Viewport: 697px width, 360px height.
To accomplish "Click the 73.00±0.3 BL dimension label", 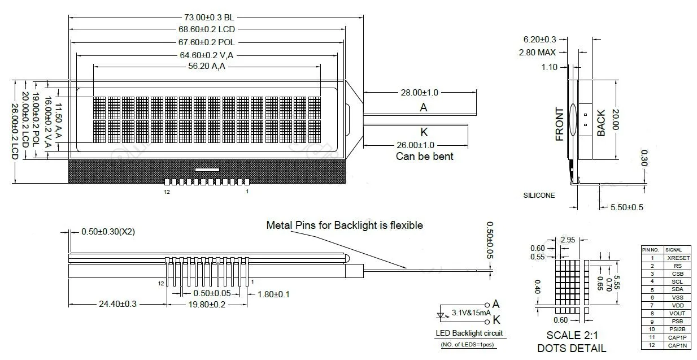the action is [x=209, y=18].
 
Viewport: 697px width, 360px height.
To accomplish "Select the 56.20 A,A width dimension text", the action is [x=207, y=66].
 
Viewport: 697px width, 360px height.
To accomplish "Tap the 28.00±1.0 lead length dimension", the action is [x=419, y=93].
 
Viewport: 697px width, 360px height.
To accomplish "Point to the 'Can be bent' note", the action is [x=424, y=157].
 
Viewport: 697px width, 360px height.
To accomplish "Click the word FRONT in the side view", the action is [x=560, y=124].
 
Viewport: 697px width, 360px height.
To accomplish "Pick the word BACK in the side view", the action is [x=601, y=123].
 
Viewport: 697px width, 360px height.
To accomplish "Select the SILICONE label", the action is [x=539, y=196].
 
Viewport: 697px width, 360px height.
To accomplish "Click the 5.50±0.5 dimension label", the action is [x=626, y=207].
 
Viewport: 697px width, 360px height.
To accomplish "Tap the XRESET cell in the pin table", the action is [x=678, y=258].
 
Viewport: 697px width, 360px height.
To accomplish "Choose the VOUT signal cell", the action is [x=677, y=313].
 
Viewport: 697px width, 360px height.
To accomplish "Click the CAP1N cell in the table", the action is [x=677, y=345].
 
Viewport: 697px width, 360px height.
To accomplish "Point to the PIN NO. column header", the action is [x=650, y=250].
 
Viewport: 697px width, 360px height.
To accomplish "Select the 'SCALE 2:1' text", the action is [x=572, y=335].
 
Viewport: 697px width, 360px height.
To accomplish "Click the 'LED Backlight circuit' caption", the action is [x=469, y=333].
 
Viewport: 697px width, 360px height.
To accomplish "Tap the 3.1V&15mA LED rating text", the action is [x=471, y=313].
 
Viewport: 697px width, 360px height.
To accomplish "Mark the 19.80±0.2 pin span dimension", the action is [x=207, y=304].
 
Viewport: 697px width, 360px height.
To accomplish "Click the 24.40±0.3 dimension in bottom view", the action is [x=117, y=303].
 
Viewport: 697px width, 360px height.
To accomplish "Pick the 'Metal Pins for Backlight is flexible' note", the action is [x=345, y=225].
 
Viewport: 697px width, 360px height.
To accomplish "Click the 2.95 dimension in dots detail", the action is [x=568, y=240].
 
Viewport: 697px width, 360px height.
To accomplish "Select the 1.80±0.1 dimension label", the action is [x=273, y=294].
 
